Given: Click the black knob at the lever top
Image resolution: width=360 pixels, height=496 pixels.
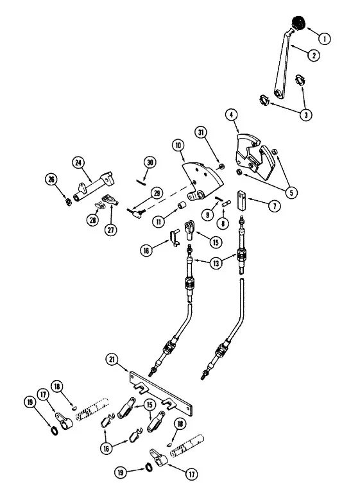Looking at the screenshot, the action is click(298, 22).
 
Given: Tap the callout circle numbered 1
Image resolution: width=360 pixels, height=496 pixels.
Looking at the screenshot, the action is click(324, 39).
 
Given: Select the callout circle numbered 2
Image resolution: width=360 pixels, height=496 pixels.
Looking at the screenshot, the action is click(314, 56).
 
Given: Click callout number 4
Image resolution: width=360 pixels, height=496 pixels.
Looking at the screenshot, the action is click(232, 115).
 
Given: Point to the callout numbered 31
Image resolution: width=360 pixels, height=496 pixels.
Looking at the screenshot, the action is click(201, 133).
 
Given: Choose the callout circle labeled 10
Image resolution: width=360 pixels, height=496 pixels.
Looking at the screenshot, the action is click(178, 146).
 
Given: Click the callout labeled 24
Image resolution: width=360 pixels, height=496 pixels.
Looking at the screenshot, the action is click(78, 163).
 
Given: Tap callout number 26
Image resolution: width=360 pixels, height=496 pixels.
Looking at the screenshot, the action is click(51, 180).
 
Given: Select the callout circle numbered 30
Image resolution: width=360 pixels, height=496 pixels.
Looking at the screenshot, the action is click(150, 162).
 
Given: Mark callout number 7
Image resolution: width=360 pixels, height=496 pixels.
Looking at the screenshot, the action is click(274, 207).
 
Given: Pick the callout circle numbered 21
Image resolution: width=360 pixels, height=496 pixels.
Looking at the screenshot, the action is click(112, 361).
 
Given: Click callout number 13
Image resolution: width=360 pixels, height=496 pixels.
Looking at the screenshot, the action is click(216, 264).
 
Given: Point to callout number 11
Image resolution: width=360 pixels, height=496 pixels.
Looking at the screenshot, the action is click(159, 222).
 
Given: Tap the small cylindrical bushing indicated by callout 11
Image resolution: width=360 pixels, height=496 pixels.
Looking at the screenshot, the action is click(181, 205).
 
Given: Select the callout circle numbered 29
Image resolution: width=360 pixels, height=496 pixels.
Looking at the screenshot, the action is click(157, 193).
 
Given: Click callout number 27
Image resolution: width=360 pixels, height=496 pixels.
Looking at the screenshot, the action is click(110, 230).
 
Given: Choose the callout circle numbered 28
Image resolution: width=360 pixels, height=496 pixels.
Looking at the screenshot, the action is click(92, 220).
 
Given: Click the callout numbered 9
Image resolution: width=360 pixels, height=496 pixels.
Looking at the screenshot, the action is click(208, 216).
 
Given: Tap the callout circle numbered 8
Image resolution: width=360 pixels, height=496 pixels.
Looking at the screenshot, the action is click(223, 224).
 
